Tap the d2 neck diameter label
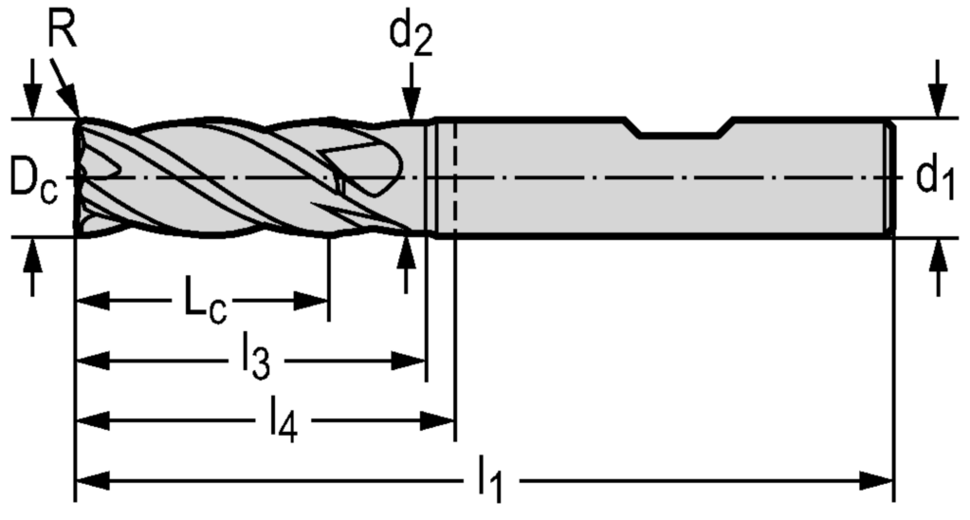[x=411, y=36]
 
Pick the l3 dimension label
[x=256, y=360]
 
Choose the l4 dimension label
[x=282, y=420]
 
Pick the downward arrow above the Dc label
[x=33, y=101]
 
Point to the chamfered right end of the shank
[x=889, y=178]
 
